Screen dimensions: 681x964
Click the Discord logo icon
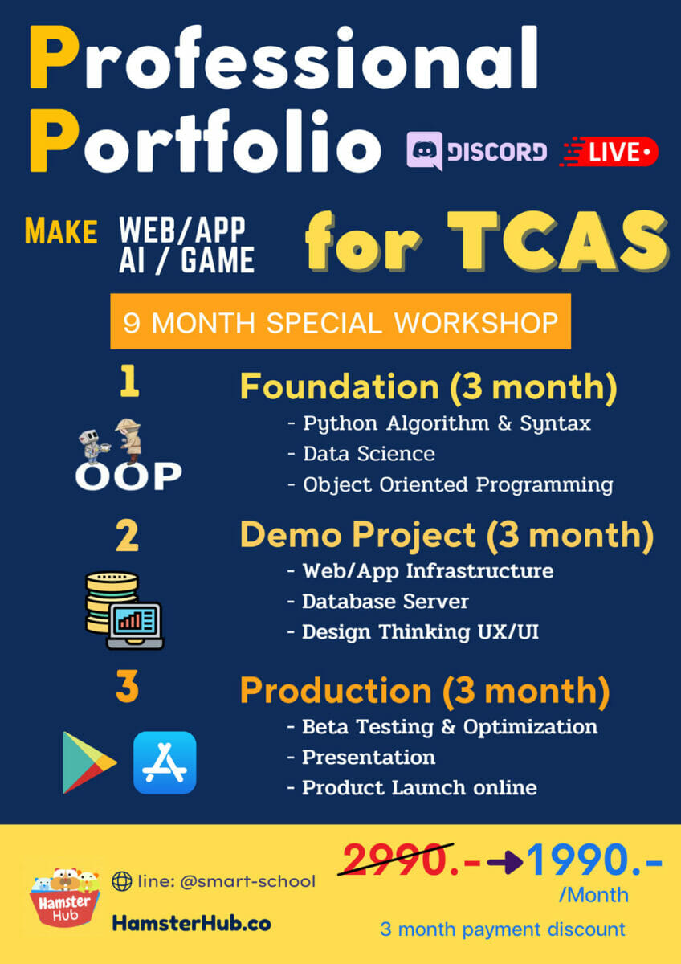(x=425, y=151)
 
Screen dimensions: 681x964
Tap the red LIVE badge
(x=609, y=152)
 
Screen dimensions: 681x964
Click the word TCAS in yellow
(x=558, y=242)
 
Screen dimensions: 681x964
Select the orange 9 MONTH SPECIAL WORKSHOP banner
(x=340, y=321)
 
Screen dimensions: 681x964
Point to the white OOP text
(x=128, y=476)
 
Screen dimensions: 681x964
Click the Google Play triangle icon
(x=89, y=762)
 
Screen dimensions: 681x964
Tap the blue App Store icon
(x=165, y=762)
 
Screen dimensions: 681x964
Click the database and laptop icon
(x=124, y=611)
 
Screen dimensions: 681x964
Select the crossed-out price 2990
(x=396, y=860)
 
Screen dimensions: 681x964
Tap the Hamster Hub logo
(x=65, y=897)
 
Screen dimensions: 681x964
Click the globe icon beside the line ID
(x=122, y=881)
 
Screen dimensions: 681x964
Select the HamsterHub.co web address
(x=191, y=923)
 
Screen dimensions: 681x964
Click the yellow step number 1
(x=129, y=381)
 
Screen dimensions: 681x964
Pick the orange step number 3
(x=128, y=686)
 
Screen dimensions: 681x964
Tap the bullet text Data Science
(x=369, y=454)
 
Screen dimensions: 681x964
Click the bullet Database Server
(x=385, y=602)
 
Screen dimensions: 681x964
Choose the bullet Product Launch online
(x=419, y=788)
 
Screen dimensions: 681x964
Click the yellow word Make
(x=61, y=231)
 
